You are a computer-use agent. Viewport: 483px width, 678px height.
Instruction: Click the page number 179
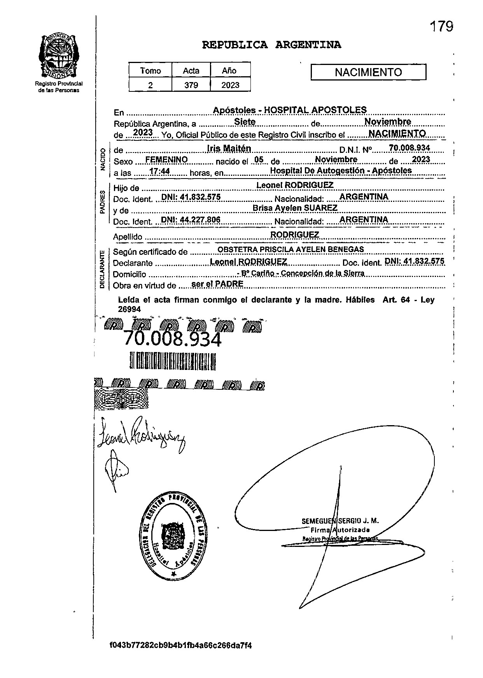tap(441, 27)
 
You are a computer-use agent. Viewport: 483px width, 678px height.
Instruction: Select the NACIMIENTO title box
tap(368, 72)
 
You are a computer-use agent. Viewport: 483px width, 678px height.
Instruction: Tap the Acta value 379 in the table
tap(191, 85)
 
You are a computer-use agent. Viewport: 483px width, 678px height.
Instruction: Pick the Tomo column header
tap(150, 71)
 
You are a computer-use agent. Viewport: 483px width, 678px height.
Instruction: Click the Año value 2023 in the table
tap(230, 85)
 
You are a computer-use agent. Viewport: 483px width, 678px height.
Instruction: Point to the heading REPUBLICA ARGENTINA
tap(271, 45)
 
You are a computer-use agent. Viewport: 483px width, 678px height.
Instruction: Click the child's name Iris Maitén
tap(229, 148)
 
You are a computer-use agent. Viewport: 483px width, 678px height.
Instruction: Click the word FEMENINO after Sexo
tap(166, 160)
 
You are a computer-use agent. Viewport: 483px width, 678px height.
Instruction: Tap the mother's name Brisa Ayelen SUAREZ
tap(295, 208)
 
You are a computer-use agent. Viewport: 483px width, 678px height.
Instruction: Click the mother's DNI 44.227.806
tap(191, 220)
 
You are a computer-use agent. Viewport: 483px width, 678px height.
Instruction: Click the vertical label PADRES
tap(102, 202)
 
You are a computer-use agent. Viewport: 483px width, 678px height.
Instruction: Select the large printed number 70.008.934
tap(173, 339)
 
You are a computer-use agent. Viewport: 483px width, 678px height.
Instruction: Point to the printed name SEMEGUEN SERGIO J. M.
tap(340, 521)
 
